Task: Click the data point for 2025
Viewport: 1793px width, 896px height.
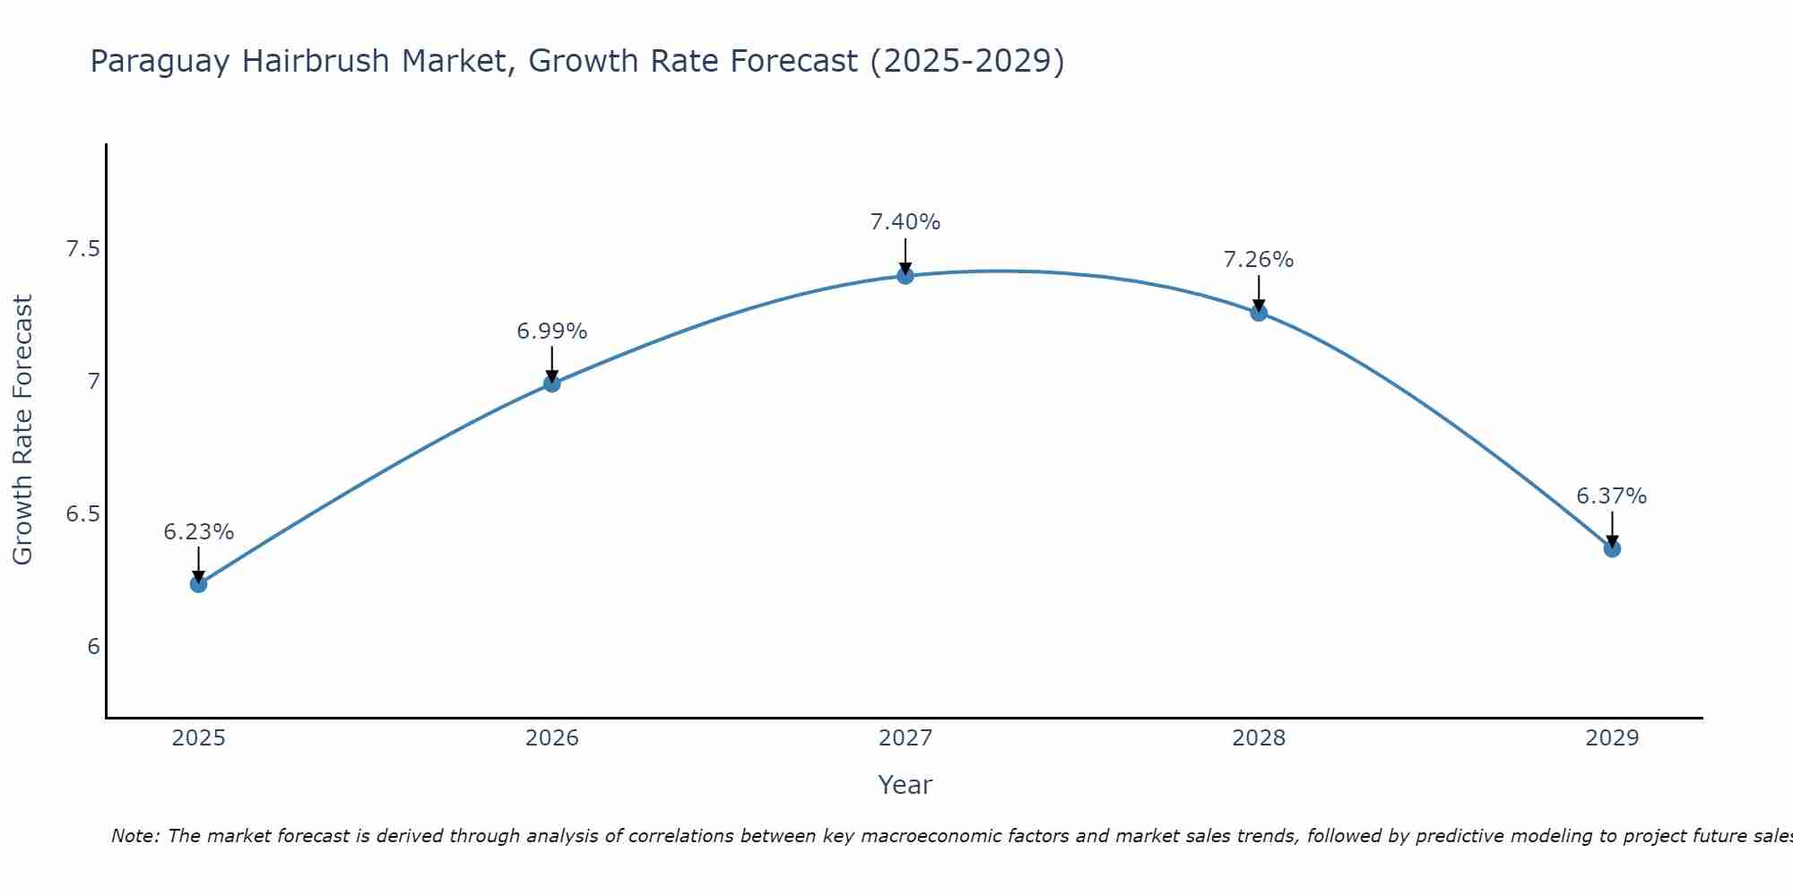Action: [x=198, y=584]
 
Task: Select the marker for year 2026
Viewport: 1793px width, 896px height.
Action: [x=552, y=383]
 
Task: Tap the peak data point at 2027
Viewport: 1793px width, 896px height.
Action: [x=905, y=275]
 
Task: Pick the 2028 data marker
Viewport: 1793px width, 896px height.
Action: [x=1259, y=313]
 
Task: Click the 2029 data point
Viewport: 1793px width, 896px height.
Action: [x=1612, y=548]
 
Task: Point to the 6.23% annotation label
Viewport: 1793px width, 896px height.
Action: [x=198, y=532]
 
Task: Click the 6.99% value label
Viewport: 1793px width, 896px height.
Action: [x=552, y=332]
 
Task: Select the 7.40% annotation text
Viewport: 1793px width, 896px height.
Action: [x=905, y=222]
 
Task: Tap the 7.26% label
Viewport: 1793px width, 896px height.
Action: [x=1259, y=260]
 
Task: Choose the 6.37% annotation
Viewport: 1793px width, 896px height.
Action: [x=1612, y=496]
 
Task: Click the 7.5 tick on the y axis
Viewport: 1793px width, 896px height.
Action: [x=82, y=249]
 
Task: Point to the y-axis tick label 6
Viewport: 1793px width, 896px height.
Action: [x=93, y=647]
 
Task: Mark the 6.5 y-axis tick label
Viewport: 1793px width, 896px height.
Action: [x=82, y=514]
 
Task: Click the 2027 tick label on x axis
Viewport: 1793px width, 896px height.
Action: [x=905, y=738]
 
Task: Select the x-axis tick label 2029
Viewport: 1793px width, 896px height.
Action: [x=1612, y=738]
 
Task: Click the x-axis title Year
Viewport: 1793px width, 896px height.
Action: [x=905, y=785]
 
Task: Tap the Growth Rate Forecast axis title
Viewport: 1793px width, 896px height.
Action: [x=23, y=430]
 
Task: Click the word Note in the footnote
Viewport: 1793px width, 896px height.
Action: [x=134, y=836]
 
